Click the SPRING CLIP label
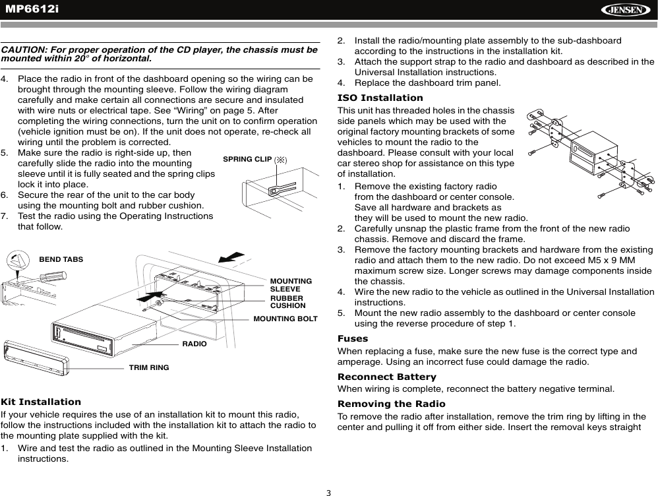coord(247,159)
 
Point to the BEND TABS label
coord(61,259)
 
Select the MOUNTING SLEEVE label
coord(291,285)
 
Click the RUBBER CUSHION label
coord(287,302)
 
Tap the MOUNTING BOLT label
coord(285,319)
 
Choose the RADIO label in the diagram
coord(194,344)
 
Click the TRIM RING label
coord(149,367)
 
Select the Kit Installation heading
coord(41,402)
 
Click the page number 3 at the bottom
coord(328,492)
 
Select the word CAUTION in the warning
coord(22,50)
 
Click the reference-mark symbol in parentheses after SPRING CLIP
coord(280,160)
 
